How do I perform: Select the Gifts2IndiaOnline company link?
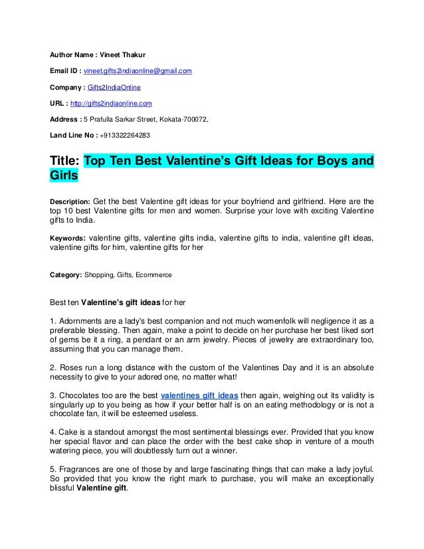click(112, 87)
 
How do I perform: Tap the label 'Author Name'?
click(71, 55)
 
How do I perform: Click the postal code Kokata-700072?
click(183, 120)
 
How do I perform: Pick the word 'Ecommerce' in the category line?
click(154, 274)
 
